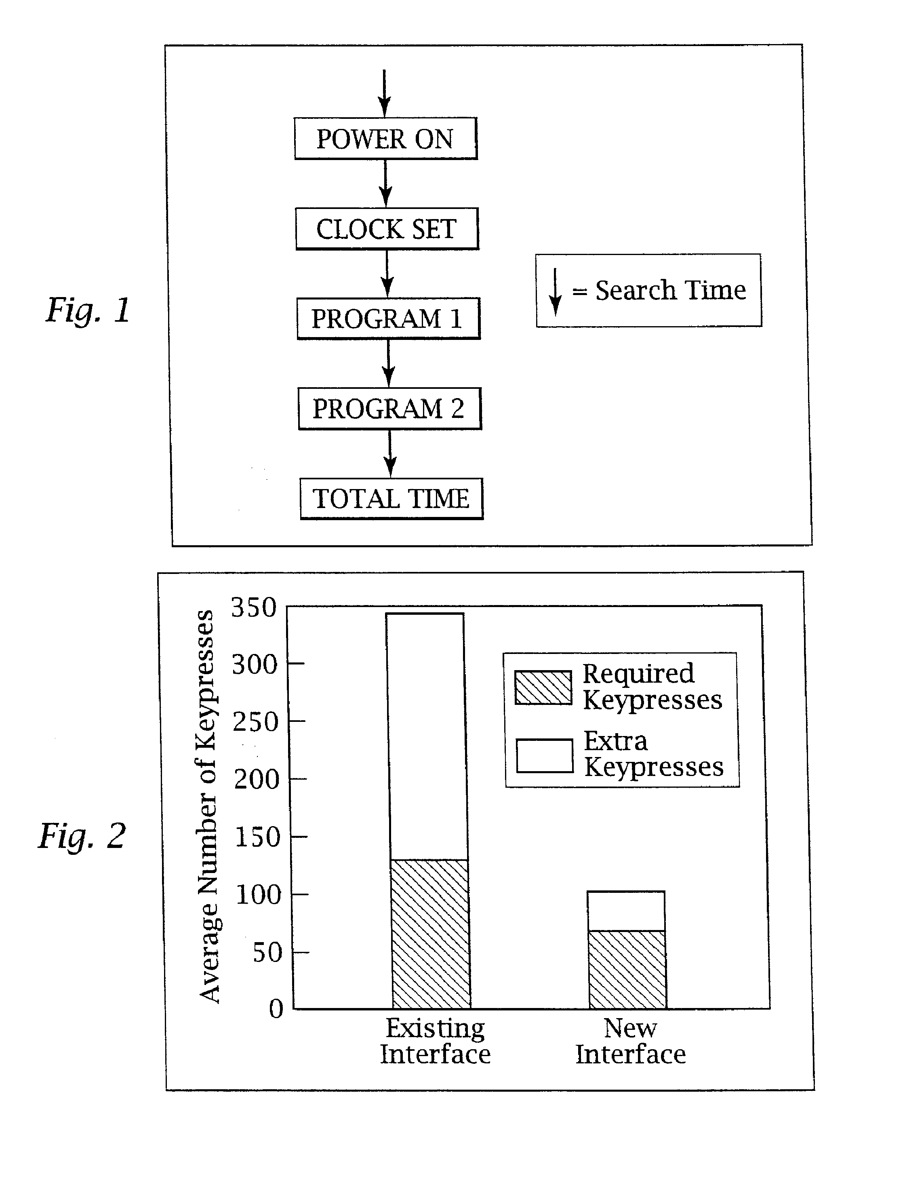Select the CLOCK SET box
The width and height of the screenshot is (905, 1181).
(387, 228)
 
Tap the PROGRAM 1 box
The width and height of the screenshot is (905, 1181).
(388, 318)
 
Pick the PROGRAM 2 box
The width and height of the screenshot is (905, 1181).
(389, 408)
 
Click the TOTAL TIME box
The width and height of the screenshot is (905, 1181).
(391, 498)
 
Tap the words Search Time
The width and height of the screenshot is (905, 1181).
(671, 291)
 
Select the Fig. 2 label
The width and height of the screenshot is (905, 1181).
(82, 836)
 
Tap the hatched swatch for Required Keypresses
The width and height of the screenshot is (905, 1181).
(543, 688)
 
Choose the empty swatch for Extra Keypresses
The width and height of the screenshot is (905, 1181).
(545, 756)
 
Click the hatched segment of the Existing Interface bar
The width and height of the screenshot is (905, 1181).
(430, 934)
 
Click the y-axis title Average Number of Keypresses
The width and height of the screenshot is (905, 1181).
(208, 806)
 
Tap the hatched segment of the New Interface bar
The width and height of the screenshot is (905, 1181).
(627, 969)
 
